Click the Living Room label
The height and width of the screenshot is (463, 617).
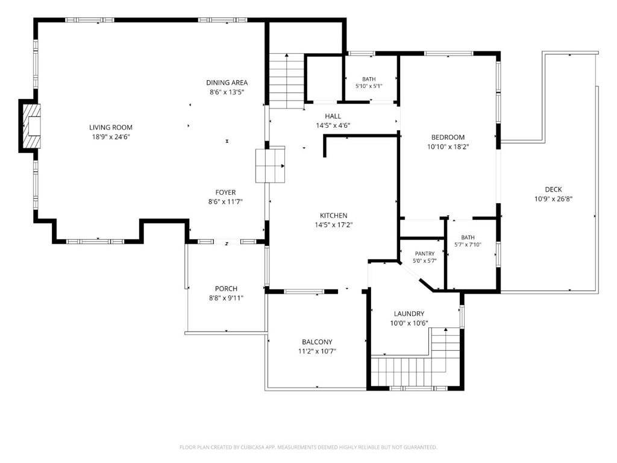click(111, 127)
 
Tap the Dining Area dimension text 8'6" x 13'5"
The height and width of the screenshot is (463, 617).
click(227, 92)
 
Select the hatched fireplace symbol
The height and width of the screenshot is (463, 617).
click(31, 126)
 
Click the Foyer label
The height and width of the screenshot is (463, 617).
click(225, 192)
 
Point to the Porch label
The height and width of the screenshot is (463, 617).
click(227, 289)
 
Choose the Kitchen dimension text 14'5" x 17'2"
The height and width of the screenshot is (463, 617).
click(334, 225)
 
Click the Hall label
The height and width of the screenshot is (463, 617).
click(333, 116)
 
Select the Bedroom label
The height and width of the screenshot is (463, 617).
click(448, 137)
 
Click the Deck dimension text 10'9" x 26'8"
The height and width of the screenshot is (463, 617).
click(553, 199)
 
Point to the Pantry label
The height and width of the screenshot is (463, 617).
click(425, 254)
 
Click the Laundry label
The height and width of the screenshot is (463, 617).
click(409, 313)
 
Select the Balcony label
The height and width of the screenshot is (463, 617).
click(317, 342)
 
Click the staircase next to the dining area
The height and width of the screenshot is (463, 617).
click(287, 81)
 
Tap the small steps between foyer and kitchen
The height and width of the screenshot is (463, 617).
click(271, 165)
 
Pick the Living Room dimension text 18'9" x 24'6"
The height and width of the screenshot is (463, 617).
click(111, 137)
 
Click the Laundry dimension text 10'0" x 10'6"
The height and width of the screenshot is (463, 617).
click(409, 323)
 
